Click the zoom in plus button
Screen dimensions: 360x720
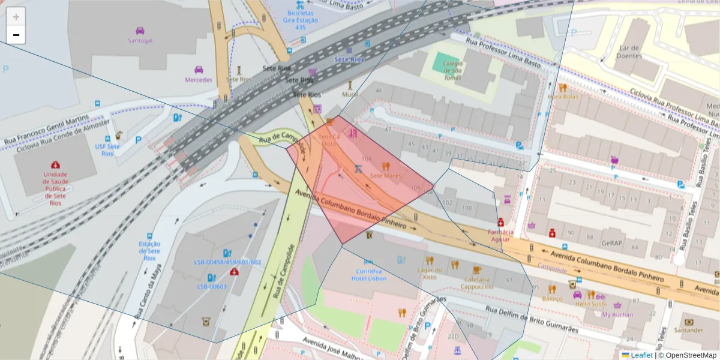pyautogui.click(x=16, y=17)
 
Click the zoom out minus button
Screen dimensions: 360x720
pyautogui.click(x=16, y=35)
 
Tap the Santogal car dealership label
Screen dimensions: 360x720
pyautogui.click(x=140, y=41)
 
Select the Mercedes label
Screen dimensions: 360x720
pyautogui.click(x=199, y=80)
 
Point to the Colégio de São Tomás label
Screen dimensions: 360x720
pyautogui.click(x=452, y=70)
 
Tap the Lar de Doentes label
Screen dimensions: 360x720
pyautogui.click(x=631, y=52)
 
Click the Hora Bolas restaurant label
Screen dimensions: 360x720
pyautogui.click(x=563, y=96)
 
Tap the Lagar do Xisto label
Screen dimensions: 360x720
pyautogui.click(x=430, y=273)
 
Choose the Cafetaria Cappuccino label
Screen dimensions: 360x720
pyautogui.click(x=476, y=283)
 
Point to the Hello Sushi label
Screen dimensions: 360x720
pyautogui.click(x=591, y=304)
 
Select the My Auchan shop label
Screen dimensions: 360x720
pyautogui.click(x=617, y=314)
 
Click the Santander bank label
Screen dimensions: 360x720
pyautogui.click(x=688, y=330)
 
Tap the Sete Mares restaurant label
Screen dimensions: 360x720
pyautogui.click(x=386, y=176)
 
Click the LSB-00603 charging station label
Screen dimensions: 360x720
pyautogui.click(x=212, y=286)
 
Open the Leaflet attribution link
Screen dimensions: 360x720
pyautogui.click(x=641, y=355)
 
